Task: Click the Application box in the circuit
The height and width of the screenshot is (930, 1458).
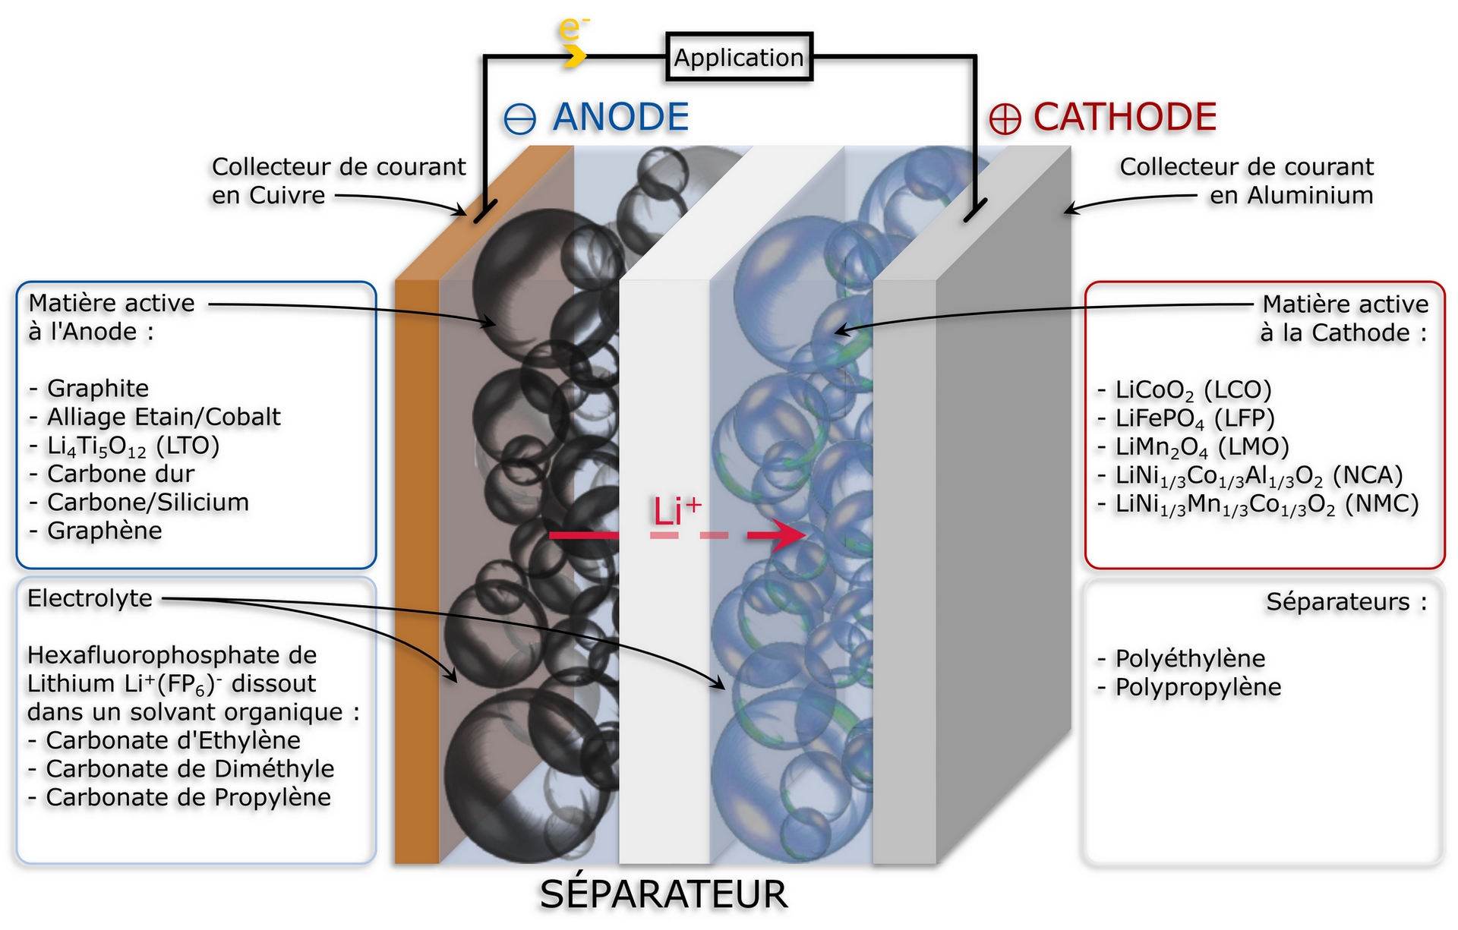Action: (739, 57)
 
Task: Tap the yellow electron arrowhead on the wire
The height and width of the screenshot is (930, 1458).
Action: (575, 55)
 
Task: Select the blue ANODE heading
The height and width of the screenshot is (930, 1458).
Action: (620, 117)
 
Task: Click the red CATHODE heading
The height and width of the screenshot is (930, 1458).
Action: (1125, 117)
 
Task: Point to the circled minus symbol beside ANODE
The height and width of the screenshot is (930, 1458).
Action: (520, 119)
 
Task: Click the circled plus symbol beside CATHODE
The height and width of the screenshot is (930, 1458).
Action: (1005, 119)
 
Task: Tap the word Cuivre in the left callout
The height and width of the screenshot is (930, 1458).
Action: (287, 196)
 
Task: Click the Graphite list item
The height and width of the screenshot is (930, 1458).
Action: (89, 389)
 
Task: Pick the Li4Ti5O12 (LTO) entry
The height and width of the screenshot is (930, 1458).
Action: (125, 446)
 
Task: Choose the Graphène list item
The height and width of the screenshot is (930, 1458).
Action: (96, 531)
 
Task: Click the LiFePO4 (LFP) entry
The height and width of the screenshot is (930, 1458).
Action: (1186, 419)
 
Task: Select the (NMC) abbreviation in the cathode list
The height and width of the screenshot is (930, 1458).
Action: (1381, 504)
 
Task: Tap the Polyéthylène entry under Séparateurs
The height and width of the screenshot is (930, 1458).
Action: (1182, 659)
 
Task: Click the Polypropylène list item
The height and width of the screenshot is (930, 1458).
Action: (1189, 688)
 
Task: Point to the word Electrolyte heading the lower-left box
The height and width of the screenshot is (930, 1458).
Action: (90, 598)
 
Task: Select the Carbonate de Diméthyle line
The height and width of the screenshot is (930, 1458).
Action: (181, 769)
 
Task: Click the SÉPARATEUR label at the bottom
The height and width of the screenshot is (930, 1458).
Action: (664, 894)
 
